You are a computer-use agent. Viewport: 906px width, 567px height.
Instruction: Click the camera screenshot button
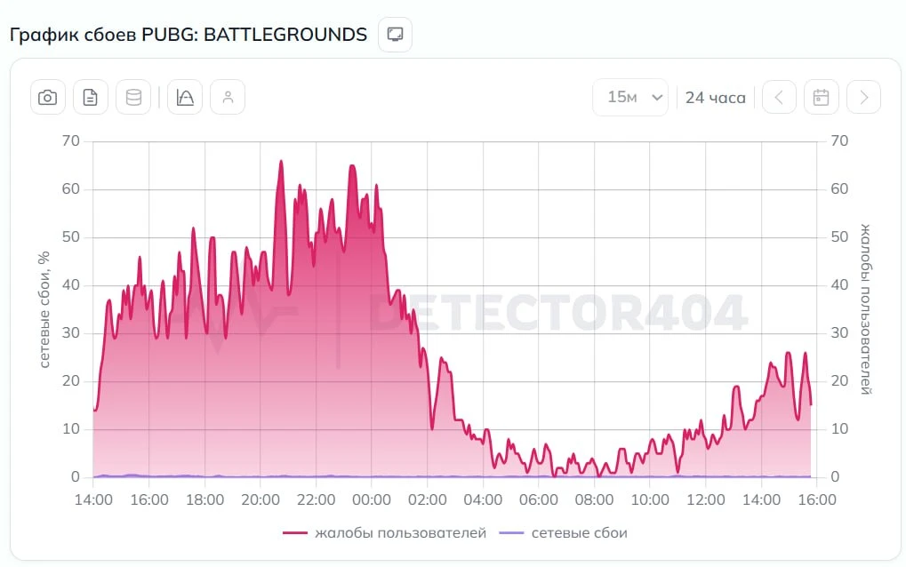click(x=47, y=97)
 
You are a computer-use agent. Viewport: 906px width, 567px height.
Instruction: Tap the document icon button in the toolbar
click(x=90, y=97)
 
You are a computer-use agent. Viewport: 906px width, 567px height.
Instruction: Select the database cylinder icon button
click(x=133, y=97)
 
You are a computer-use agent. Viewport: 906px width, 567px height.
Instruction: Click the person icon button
click(x=228, y=97)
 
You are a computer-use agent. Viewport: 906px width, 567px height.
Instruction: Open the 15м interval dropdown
click(x=630, y=97)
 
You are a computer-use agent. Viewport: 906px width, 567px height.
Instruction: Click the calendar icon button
click(x=821, y=97)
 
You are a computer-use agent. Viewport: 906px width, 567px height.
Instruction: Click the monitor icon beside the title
click(x=396, y=35)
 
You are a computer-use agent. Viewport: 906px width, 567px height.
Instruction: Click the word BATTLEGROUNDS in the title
click(x=285, y=35)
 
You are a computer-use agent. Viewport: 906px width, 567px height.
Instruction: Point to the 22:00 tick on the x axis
click(x=316, y=499)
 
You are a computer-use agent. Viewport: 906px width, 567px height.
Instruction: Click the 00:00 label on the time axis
click(x=372, y=499)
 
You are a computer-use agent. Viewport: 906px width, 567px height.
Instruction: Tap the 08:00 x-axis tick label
click(x=594, y=499)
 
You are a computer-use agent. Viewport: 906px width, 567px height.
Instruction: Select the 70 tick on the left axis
click(x=71, y=141)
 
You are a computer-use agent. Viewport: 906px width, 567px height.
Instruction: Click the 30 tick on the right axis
click(x=839, y=333)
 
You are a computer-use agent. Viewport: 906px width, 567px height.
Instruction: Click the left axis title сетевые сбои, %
click(x=44, y=309)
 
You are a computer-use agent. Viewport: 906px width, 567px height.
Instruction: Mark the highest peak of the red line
click(x=281, y=161)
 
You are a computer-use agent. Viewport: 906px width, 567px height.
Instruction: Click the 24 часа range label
click(x=716, y=98)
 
